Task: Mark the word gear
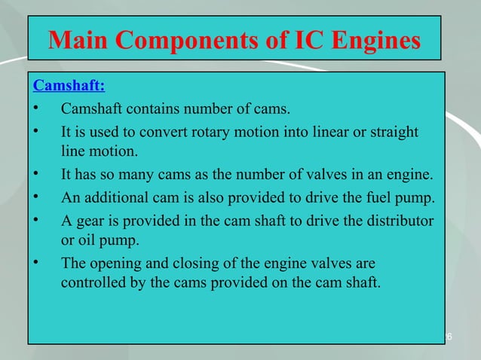[87, 221]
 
